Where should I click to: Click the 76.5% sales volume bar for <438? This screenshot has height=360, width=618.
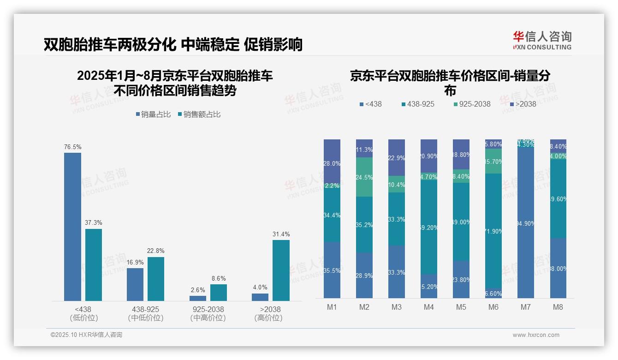coord(72,227)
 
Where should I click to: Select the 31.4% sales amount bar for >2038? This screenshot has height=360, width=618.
coord(281,270)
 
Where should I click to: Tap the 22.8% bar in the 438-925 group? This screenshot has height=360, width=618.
coord(156,279)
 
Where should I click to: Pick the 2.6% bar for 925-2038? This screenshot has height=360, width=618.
coord(198,298)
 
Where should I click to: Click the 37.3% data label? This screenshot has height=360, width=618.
coord(93,222)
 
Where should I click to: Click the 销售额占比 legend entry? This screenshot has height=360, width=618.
coord(199,114)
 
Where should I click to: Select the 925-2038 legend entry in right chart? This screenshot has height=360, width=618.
coord(471,104)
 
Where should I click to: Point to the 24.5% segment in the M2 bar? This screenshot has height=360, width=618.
coord(364,177)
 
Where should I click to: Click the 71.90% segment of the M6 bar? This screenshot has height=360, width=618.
coord(493,231)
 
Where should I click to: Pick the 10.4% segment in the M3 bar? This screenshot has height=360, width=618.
coord(397,184)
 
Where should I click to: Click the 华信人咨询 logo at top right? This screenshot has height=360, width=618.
coord(542,40)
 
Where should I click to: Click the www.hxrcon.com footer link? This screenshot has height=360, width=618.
coord(536,335)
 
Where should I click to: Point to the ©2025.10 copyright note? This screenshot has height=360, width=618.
coord(86,335)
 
